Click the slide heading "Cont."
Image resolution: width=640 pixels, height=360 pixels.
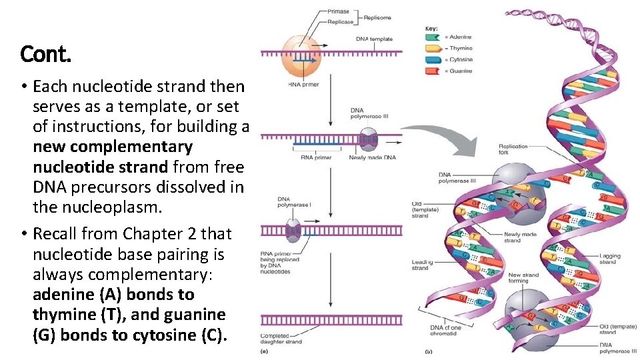[45, 53]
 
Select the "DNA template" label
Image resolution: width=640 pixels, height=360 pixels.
[374, 39]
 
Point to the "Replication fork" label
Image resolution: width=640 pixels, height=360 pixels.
[513, 149]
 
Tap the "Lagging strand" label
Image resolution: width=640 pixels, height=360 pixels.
[609, 259]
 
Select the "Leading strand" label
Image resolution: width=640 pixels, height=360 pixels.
[420, 265]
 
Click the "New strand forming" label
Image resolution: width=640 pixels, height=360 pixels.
[523, 278]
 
